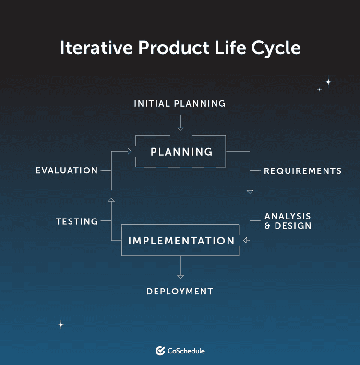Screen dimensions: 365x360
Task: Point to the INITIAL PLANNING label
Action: (180, 103)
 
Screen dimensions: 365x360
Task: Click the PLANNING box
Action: (181, 152)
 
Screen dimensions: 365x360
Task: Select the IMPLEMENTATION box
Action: (181, 240)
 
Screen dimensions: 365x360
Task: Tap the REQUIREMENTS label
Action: (302, 171)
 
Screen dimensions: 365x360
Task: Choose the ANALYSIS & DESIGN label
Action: (288, 221)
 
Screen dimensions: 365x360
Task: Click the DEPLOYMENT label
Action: (180, 292)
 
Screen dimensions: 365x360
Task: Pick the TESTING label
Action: (77, 221)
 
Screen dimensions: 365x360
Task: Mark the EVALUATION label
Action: (67, 170)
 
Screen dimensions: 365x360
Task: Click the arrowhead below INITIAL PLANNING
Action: (180, 128)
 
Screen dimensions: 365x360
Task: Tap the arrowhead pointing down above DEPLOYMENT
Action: (180, 276)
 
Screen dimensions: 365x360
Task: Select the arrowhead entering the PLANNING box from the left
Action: (129, 151)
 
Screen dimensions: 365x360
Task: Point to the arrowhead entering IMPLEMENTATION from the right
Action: (246, 240)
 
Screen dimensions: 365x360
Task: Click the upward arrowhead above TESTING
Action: (111, 199)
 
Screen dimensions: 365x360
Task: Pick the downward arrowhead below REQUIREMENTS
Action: (250, 191)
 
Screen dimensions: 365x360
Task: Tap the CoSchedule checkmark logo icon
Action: (160, 351)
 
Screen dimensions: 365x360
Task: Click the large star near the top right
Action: (328, 82)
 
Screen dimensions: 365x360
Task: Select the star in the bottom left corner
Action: (61, 325)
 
